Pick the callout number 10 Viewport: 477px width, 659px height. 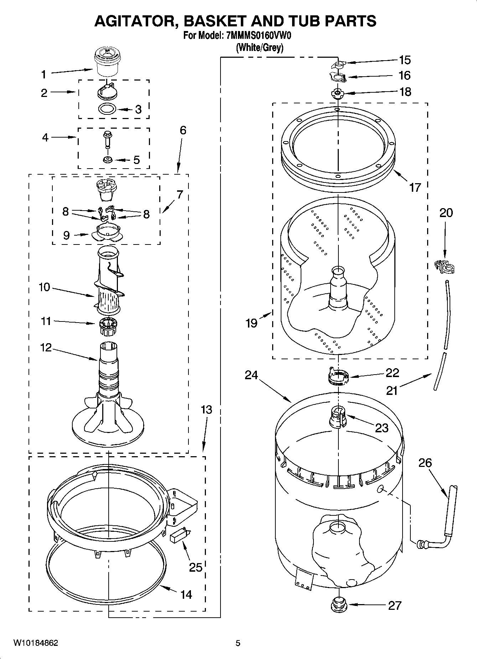tap(44, 287)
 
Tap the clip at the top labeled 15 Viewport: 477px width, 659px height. tap(338, 64)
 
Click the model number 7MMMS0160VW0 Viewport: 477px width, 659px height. tap(259, 36)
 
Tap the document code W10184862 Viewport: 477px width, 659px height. tap(36, 643)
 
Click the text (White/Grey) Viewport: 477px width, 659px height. tap(260, 47)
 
